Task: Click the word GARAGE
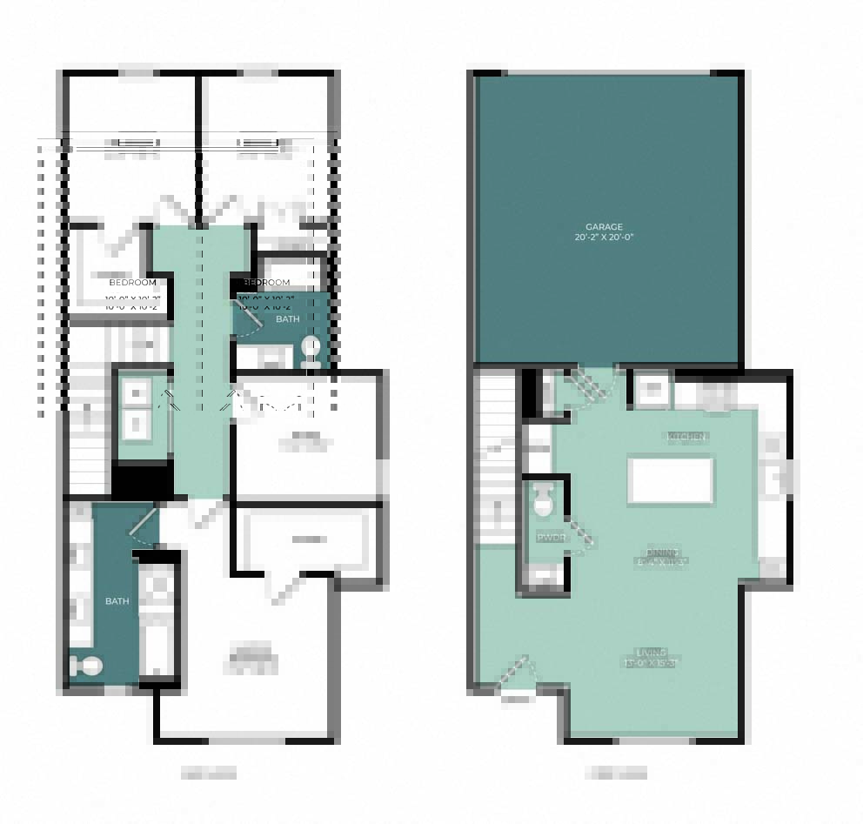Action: point(604,227)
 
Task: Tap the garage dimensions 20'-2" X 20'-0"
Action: point(604,238)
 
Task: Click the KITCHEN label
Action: point(687,436)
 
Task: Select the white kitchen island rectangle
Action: point(671,480)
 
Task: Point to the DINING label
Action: point(662,553)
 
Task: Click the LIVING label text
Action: point(651,652)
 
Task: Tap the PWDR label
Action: point(551,538)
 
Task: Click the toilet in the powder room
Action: point(544,500)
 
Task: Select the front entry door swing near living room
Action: point(516,673)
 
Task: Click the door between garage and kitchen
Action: point(591,385)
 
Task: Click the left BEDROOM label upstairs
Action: point(133,283)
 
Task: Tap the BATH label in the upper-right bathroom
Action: point(287,319)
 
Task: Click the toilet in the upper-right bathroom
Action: point(311,350)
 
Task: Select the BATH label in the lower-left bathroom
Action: point(117,601)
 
